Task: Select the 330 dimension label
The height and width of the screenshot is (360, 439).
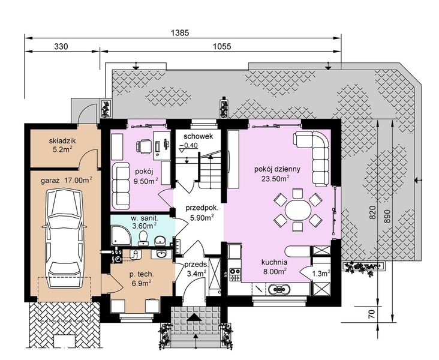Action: point(61,47)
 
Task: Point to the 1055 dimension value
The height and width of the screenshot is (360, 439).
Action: point(222,47)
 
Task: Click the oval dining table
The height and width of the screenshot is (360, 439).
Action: point(297,210)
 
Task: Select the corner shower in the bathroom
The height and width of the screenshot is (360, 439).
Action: point(121,235)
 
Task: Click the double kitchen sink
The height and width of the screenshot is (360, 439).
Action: point(279,289)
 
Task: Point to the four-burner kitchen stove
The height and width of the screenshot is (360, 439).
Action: point(235,275)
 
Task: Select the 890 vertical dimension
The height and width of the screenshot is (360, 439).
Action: point(387,216)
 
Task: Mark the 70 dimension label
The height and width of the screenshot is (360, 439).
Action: point(371,314)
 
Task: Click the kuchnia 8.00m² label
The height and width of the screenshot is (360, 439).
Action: point(275,267)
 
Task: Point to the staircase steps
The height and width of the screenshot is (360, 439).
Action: point(210,169)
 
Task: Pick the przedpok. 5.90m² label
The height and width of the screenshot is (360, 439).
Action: point(202,213)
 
